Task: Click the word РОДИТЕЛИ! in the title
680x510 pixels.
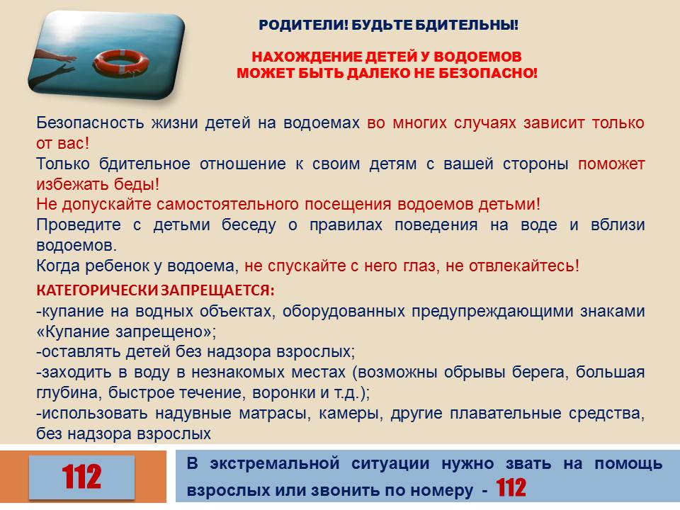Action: click(x=304, y=25)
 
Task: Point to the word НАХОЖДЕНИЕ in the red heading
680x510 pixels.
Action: click(x=307, y=57)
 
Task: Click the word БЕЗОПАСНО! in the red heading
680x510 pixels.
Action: click(x=488, y=73)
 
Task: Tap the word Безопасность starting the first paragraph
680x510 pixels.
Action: click(x=90, y=123)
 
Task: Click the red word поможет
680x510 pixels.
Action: click(x=611, y=164)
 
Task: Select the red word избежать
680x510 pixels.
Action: click(x=72, y=184)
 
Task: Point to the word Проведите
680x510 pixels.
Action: click(x=79, y=225)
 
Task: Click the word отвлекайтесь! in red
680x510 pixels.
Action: click(x=524, y=266)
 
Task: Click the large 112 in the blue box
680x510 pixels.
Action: click(x=81, y=477)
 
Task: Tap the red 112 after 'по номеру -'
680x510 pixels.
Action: click(x=511, y=488)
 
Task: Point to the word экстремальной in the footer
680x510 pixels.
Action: click(x=275, y=463)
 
